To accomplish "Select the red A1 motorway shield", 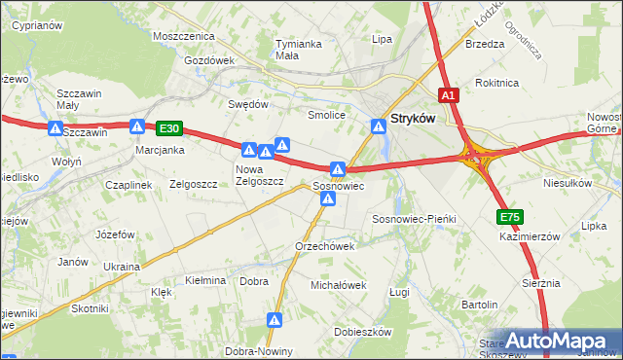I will (x=448, y=95).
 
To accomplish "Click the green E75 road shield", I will (x=509, y=217).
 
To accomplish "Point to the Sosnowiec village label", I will (x=338, y=185).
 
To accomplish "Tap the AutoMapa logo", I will (x=556, y=342).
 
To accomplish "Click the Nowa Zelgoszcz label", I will (x=258, y=175).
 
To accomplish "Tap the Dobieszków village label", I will (x=362, y=332).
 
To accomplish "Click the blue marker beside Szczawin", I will (x=55, y=128).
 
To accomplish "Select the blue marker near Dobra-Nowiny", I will (x=276, y=319).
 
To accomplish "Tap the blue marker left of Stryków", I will (x=378, y=125).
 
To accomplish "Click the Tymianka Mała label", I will (x=299, y=50).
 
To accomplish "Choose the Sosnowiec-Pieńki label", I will (x=414, y=220).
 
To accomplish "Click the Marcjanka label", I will (x=161, y=151).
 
